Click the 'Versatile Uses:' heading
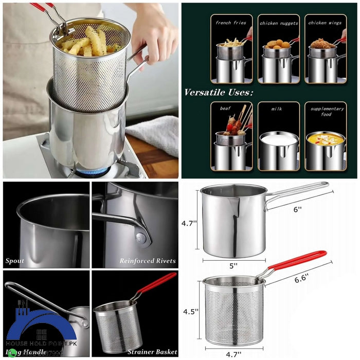(219, 93)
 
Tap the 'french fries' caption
(231, 23)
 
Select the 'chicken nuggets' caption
(278, 23)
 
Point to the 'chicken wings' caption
(325, 23)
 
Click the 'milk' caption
(278, 110)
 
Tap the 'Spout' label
(15, 261)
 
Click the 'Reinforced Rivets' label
(148, 261)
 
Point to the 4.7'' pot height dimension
(188, 224)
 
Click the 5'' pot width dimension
(233, 266)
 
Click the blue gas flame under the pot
(93, 171)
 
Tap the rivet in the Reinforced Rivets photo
(140, 237)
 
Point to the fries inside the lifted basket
(87, 42)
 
